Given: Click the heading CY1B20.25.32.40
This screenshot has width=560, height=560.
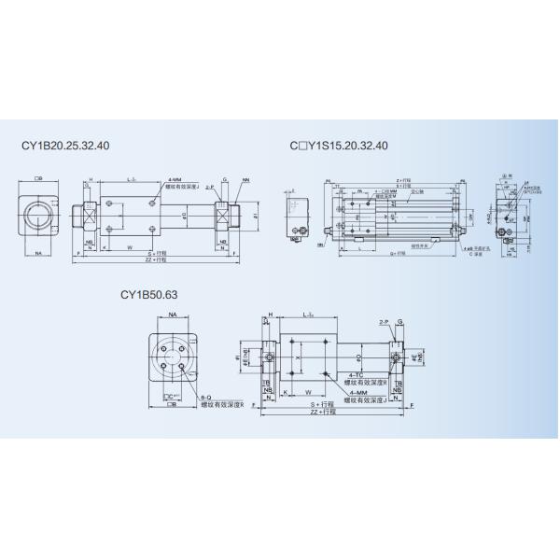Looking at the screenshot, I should pyautogui.click(x=65, y=146).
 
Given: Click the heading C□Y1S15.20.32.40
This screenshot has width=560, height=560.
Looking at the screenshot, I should pyautogui.click(x=338, y=146).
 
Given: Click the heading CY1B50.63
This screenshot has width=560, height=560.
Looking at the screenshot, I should pyautogui.click(x=148, y=294).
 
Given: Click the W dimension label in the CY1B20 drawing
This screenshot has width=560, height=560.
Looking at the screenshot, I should pyautogui.click(x=128, y=247).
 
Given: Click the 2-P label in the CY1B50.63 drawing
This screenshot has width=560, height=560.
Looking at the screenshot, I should pyautogui.click(x=384, y=320).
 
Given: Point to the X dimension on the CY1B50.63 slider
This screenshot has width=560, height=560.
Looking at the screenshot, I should pyautogui.click(x=298, y=357).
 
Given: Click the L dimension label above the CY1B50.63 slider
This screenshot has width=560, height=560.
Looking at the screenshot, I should pyautogui.click(x=309, y=315).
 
